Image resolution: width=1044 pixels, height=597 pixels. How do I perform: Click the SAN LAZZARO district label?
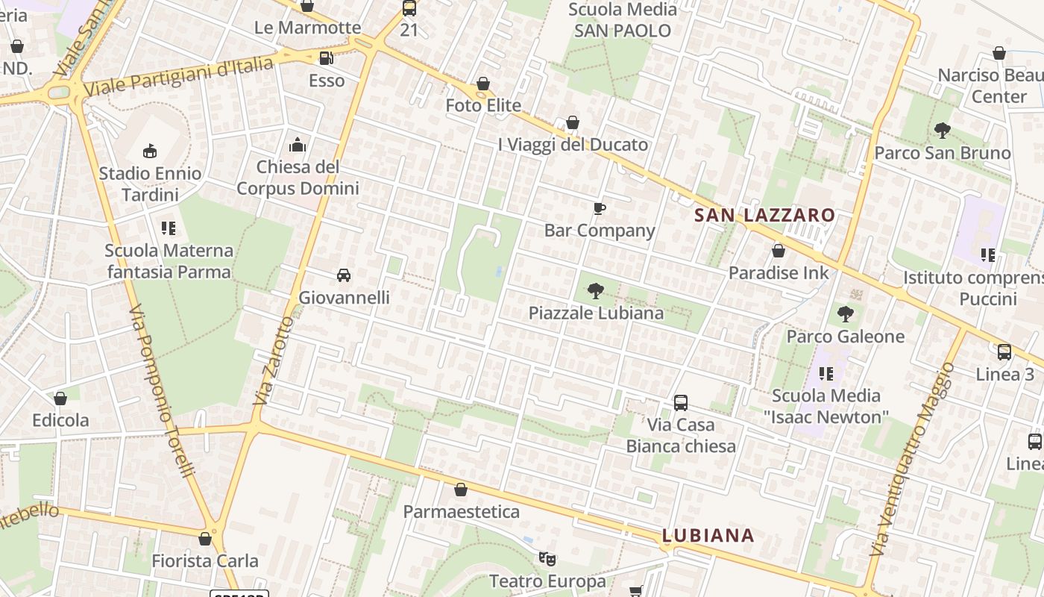[x=764, y=216]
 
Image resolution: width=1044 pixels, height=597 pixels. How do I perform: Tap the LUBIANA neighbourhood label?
[x=708, y=535]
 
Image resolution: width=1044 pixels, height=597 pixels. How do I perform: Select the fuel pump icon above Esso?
[x=326, y=58]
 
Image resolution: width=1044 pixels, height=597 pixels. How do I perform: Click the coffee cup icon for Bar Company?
[x=600, y=208]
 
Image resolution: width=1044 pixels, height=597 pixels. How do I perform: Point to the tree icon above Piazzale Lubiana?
[x=595, y=290]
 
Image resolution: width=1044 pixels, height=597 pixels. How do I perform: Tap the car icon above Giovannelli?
[x=344, y=275]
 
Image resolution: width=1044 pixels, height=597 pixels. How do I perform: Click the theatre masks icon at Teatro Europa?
[x=547, y=558]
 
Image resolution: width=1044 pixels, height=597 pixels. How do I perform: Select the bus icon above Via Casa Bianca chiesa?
[x=680, y=403]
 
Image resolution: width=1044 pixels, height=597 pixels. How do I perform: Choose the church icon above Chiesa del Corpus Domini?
[x=298, y=145]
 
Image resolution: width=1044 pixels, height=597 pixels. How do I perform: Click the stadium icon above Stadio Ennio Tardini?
[x=150, y=151]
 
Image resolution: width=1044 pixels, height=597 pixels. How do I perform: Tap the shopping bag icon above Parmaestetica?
[x=461, y=490]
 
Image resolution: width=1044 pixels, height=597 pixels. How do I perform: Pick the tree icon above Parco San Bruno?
[x=943, y=131]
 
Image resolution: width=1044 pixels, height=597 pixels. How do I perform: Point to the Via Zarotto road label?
[x=274, y=361]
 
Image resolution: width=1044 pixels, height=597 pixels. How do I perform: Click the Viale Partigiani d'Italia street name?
[x=179, y=76]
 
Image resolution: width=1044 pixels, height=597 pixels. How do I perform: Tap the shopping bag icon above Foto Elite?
[x=483, y=84]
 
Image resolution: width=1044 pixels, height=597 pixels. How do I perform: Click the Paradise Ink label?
[x=778, y=272]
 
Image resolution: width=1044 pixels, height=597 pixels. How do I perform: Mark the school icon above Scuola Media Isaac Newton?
[x=826, y=373]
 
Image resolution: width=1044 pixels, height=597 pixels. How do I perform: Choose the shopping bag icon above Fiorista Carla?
[x=205, y=539]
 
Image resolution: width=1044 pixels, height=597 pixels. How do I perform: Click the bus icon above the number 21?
[x=409, y=9]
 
